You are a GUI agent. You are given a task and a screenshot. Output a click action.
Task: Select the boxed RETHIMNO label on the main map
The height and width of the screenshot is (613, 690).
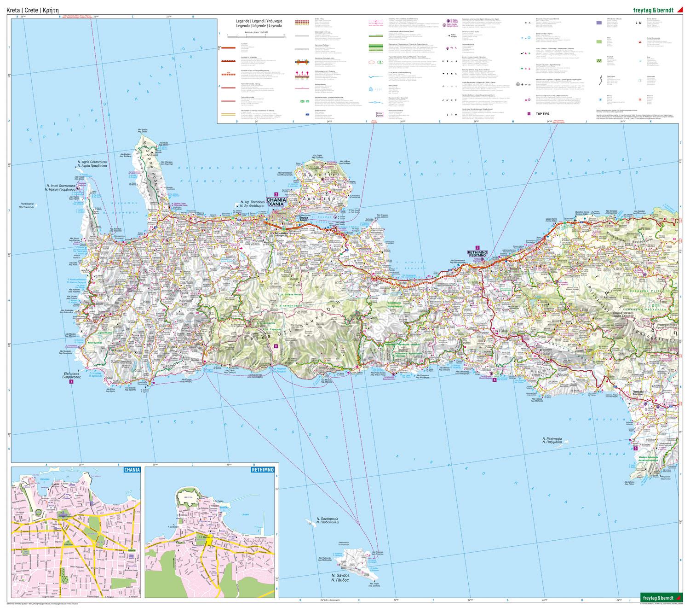480,254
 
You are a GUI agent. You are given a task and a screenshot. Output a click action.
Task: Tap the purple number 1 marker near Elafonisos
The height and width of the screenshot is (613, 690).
71,381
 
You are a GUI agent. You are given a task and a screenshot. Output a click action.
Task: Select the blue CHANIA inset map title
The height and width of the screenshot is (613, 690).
131,470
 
